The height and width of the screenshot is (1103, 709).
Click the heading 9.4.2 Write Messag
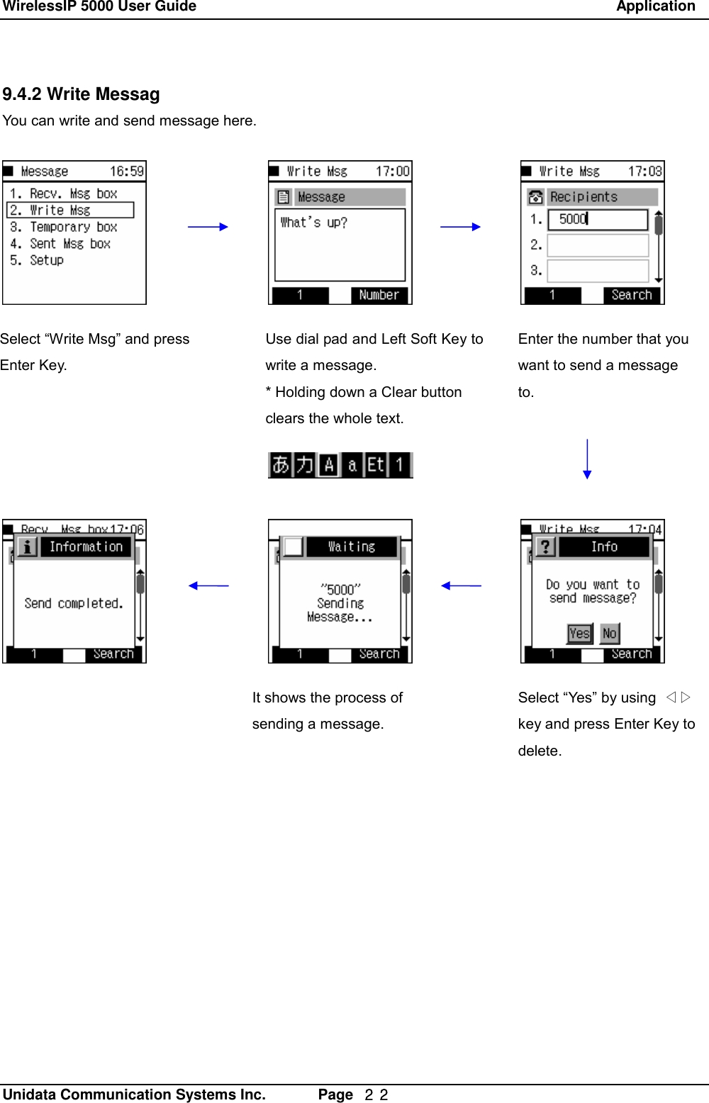coord(81,94)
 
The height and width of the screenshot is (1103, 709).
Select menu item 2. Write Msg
coord(69,211)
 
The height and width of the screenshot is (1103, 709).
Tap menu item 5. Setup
coord(37,260)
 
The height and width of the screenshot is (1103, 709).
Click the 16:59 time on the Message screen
coord(126,172)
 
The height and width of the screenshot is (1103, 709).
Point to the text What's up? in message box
coord(313,223)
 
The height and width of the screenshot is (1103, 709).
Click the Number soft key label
coord(379,295)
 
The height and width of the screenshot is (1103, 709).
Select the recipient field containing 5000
coord(597,220)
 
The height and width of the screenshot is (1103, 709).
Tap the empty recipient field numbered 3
coord(597,271)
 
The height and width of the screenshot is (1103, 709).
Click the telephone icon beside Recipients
coord(535,197)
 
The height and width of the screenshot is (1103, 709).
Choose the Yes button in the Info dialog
coord(579,633)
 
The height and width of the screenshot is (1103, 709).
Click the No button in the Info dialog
coord(609,633)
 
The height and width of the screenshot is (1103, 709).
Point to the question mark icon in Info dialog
coord(545,547)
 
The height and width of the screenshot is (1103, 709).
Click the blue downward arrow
coord(587,459)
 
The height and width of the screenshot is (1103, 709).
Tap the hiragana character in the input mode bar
coord(281,465)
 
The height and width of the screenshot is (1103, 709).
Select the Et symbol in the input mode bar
coord(376,465)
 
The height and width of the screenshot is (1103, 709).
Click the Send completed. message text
coord(74,603)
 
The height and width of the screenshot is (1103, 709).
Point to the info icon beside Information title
coord(26,547)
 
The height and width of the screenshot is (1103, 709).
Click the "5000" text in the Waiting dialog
coord(340,589)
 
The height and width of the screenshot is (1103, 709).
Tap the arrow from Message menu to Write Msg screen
coord(208,227)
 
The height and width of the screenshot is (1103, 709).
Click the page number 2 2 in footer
coord(376,1094)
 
